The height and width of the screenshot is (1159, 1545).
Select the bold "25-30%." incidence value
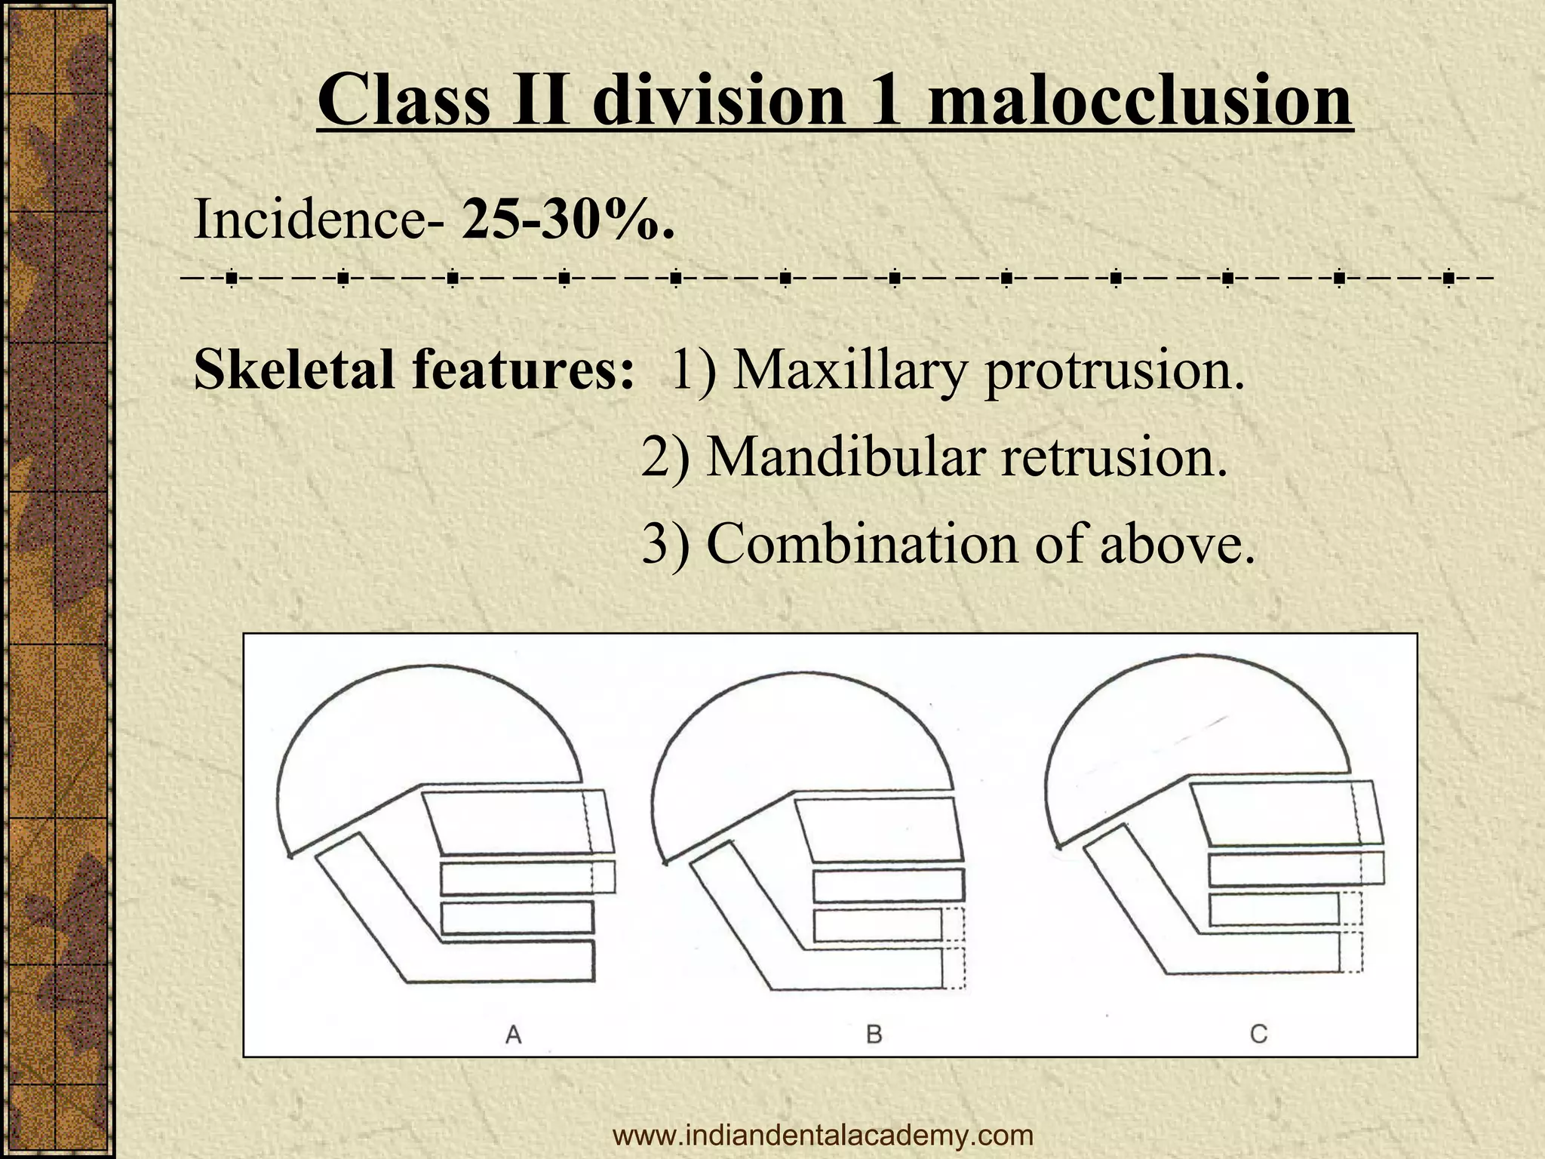pos(567,220)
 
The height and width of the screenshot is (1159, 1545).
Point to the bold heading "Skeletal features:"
pos(413,370)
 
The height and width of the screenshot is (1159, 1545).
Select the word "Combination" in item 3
pos(861,543)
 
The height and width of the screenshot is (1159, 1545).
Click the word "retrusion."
pos(1113,457)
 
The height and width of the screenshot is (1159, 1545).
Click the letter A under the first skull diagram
pos(513,1033)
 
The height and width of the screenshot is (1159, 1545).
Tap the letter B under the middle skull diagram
pos(874,1033)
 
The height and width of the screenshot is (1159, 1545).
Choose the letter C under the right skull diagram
pos(1258,1033)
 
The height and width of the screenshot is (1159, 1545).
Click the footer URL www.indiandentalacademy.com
pos(823,1135)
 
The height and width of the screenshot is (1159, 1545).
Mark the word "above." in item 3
pos(1177,543)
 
